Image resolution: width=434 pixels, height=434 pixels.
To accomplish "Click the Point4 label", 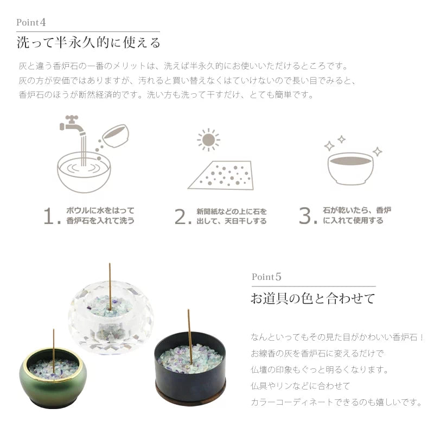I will [34, 23].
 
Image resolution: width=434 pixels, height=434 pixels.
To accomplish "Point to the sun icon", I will [208, 140].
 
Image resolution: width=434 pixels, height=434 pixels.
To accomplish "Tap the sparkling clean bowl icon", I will [350, 167].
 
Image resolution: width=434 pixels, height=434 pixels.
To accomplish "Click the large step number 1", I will [51, 216].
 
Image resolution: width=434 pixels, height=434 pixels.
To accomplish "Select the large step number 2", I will [183, 216].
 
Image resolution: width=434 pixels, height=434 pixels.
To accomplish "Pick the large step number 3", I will [308, 216].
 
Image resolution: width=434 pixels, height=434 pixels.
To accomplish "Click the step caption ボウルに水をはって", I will [100, 210].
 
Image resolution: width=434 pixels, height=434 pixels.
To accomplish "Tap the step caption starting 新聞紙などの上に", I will [232, 211].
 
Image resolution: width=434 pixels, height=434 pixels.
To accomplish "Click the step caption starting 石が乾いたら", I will [357, 210].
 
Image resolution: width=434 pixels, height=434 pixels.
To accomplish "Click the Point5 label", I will [266, 276].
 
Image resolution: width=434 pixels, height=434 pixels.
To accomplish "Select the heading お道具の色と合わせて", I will [312, 298].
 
